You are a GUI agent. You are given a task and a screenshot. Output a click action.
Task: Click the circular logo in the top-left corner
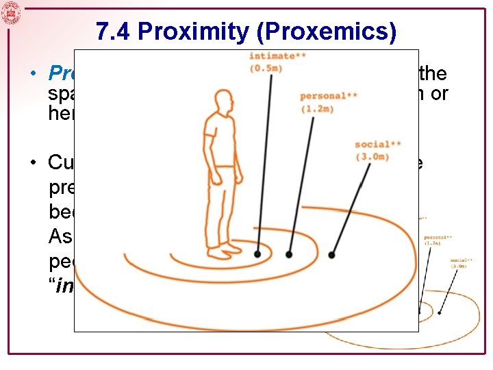11,12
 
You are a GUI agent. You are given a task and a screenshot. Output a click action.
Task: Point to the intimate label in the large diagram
273,56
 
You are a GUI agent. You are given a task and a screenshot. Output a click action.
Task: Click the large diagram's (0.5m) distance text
266,68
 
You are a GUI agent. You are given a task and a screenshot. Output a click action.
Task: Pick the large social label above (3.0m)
378,145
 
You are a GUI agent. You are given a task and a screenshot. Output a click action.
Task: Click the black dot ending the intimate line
257,254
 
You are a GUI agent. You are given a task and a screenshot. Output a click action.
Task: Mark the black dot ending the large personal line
289,254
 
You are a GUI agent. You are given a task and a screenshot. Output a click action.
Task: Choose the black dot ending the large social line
331,254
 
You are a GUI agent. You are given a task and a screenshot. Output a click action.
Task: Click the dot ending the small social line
439,313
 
